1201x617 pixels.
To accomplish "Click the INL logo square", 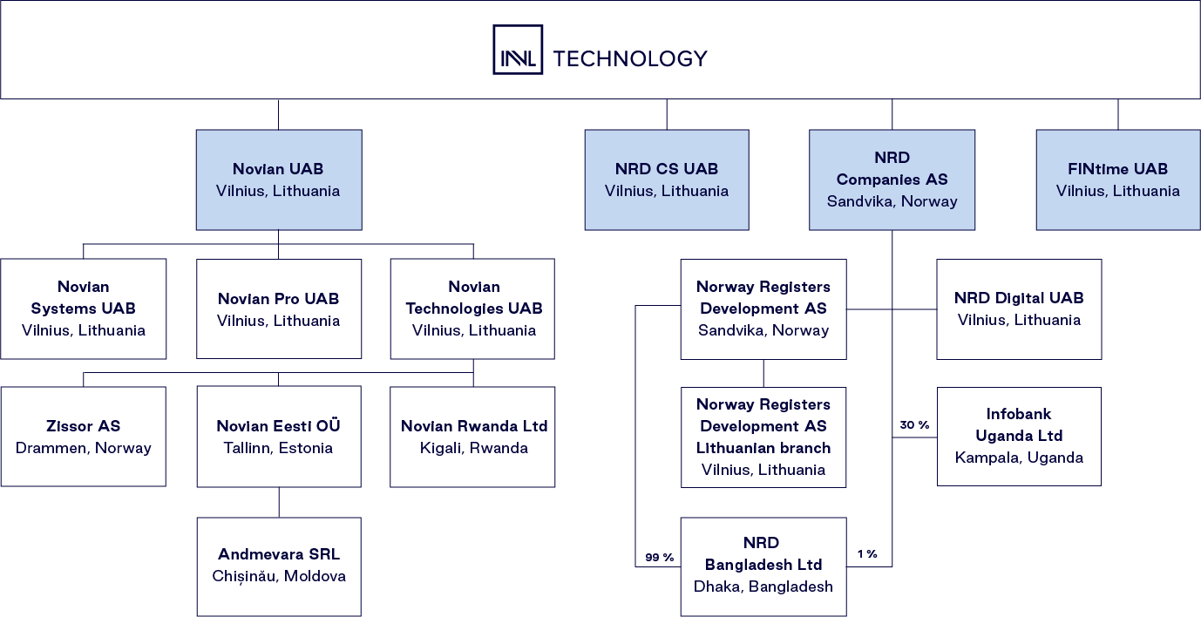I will pos(518,50).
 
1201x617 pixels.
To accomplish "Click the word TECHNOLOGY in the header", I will pos(630,58).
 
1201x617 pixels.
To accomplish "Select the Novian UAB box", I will pos(279,180).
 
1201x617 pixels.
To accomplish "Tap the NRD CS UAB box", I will pos(667,180).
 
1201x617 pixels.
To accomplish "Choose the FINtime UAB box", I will pos(1118,180).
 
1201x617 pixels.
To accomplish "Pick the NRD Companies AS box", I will pos(892,180).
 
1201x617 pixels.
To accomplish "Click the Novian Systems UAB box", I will pos(84,308).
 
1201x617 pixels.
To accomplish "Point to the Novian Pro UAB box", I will pos(279,308).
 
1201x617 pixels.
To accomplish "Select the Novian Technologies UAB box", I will pos(472,308).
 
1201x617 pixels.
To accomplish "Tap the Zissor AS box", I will pos(84,437).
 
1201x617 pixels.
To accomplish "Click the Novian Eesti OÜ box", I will pos(279,437).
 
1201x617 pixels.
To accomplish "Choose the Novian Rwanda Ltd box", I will pos(472,437).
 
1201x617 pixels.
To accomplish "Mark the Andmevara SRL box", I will pos(279,566).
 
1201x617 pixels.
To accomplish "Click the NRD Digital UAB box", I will pos(1019,308).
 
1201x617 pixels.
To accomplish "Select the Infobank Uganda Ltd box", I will pos(1019,436).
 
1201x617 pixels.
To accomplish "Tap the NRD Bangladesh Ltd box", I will pos(763,566).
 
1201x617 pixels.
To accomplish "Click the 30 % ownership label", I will pos(914,425).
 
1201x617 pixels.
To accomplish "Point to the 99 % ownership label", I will pos(659,557).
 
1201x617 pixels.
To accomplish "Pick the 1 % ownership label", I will pos(866,554).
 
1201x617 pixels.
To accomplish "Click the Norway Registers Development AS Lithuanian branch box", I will pos(763,437).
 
